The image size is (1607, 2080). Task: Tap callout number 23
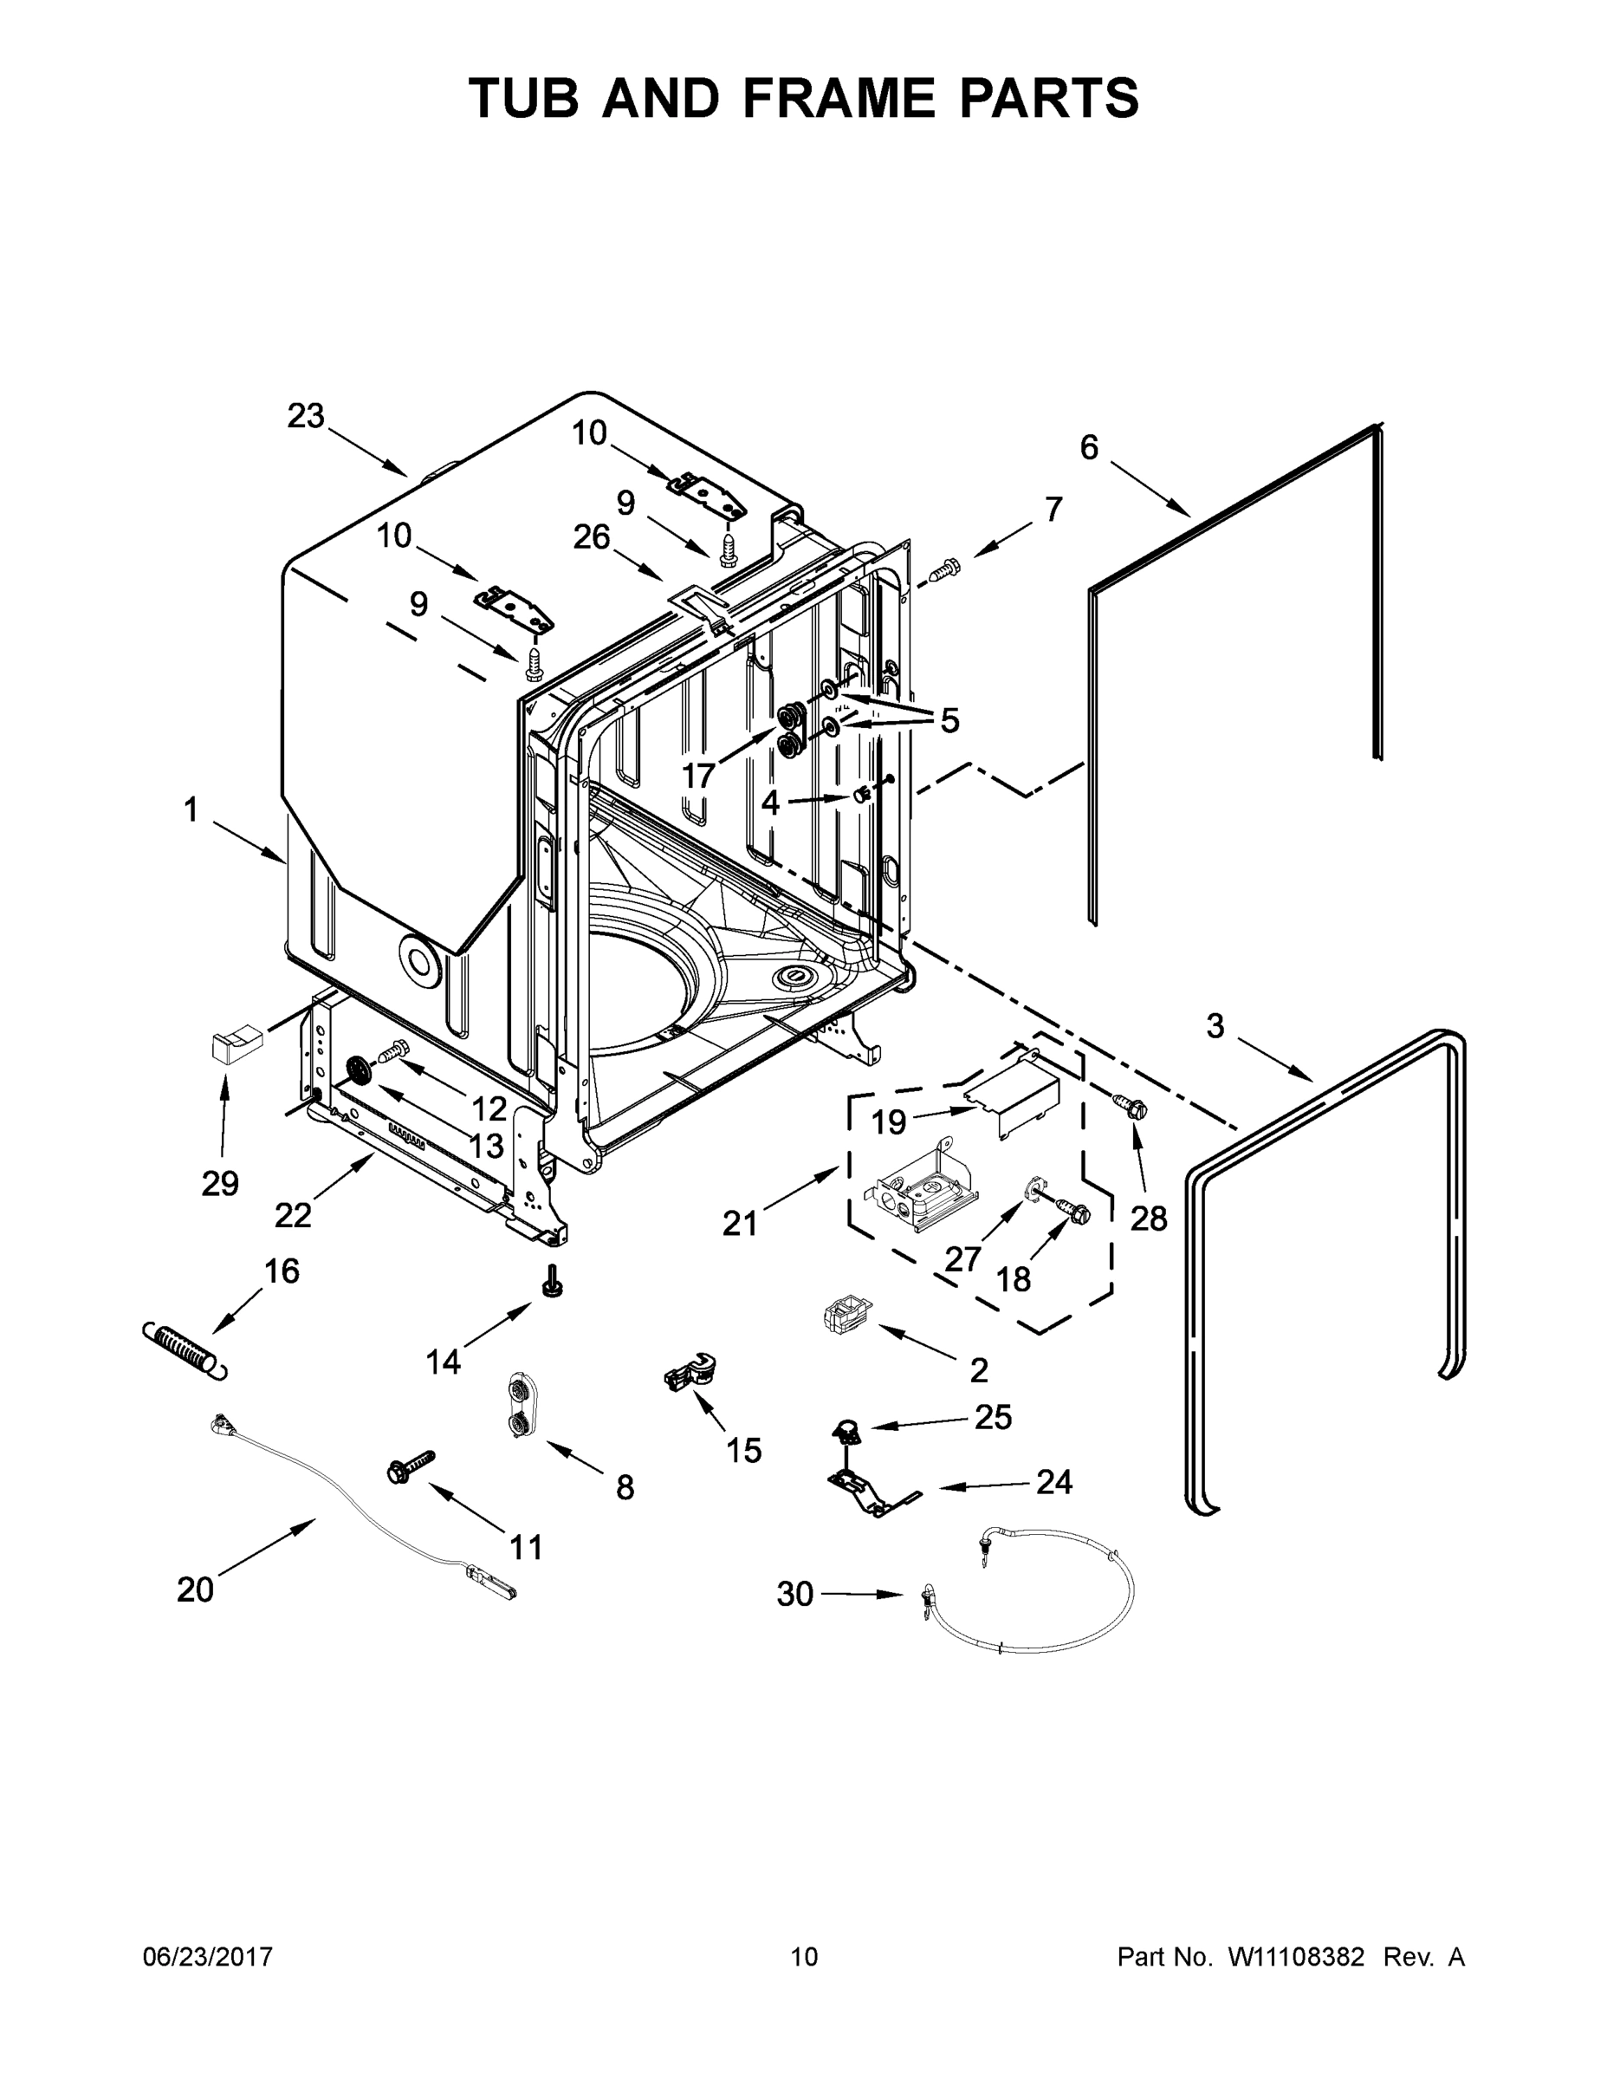coord(306,416)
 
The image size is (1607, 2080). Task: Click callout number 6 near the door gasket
coord(1089,446)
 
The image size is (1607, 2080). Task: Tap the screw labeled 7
coord(943,570)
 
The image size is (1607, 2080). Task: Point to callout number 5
coord(949,721)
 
